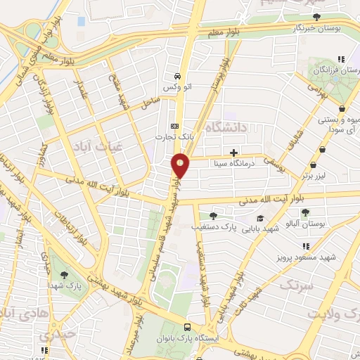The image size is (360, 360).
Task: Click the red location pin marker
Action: (x=181, y=165)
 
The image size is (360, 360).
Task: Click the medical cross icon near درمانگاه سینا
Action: (x=233, y=152)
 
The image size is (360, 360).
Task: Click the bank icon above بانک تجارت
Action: (x=174, y=127)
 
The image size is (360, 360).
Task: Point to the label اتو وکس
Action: (x=177, y=87)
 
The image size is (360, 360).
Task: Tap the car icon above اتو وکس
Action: (x=177, y=76)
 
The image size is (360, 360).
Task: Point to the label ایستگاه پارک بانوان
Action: (x=193, y=338)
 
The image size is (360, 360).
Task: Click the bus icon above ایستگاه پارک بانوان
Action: (x=187, y=327)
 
